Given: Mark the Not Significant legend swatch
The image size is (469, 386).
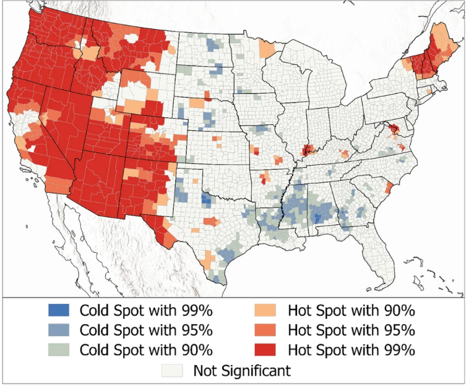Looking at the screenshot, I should coord(174,371).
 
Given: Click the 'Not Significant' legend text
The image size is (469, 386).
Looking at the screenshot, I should coord(241,371).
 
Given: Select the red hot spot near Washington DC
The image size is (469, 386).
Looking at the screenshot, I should coord(392,128).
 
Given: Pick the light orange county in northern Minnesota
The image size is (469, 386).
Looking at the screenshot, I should coord(267,48).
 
